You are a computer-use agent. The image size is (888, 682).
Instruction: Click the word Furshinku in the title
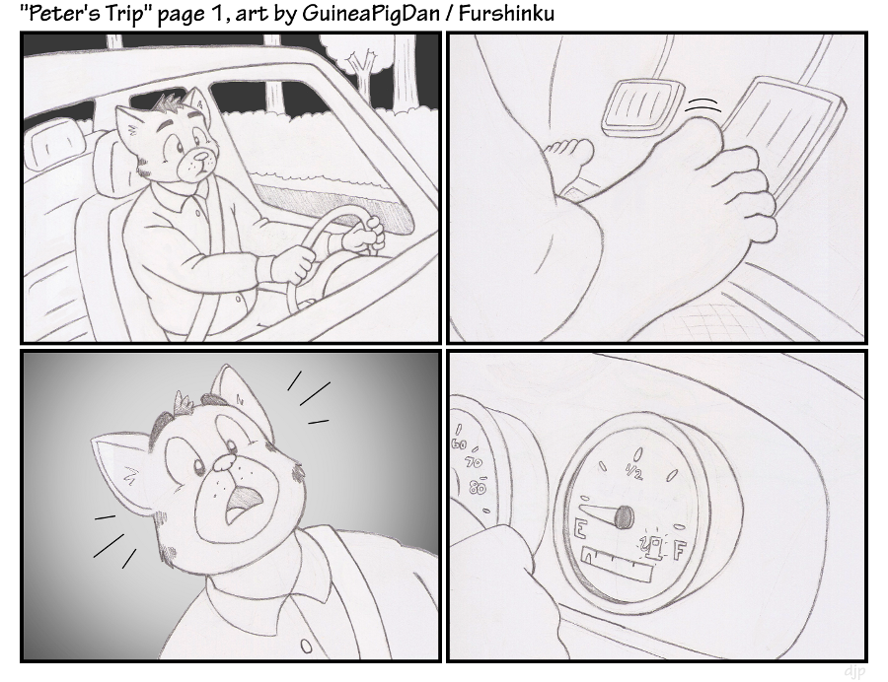pos(506,13)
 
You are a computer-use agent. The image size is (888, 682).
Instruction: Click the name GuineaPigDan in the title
pos(370,14)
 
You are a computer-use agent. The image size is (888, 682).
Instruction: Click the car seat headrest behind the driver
pos(108,163)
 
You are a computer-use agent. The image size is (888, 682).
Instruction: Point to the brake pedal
pos(645,107)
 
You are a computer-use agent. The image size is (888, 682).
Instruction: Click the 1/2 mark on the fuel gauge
pos(633,471)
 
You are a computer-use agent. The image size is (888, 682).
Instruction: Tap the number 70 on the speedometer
pos(474,463)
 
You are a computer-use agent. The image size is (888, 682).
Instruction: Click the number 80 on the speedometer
pos(478,486)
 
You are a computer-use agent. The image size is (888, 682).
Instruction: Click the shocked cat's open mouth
pos(244,504)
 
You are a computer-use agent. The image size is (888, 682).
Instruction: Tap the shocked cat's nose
pos(225,462)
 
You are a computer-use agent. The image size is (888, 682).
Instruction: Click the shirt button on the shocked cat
pos(307,646)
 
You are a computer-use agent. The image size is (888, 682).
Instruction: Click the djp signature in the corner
pos(854,671)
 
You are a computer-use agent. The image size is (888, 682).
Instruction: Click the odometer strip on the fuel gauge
pos(618,564)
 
